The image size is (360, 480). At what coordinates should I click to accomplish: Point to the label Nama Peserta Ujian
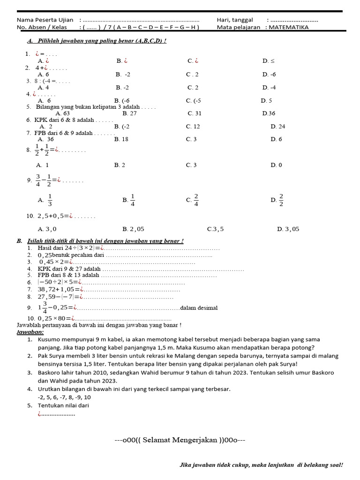pos(45,20)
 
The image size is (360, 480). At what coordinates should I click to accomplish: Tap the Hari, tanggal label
pos(235,20)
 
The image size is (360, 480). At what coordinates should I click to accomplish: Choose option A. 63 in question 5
pos(62,113)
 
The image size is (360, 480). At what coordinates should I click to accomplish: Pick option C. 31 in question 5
pos(194,113)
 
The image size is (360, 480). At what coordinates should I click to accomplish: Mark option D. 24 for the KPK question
pos(277,127)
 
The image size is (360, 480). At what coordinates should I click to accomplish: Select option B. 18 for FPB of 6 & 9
pos(121,139)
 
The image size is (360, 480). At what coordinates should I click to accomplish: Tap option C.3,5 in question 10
pos(215,229)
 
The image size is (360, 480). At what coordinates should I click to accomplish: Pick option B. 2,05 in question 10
pos(133,229)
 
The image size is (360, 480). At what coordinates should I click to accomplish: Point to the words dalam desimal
pos(199,308)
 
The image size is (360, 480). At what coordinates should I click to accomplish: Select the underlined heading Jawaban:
pos(30,332)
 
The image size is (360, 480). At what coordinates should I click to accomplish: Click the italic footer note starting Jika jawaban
pos(261,465)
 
